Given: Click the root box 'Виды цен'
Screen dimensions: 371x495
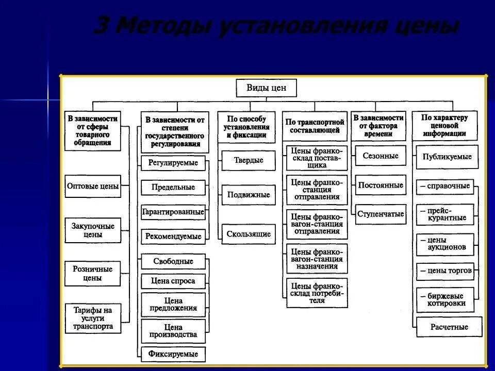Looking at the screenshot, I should [x=267, y=88].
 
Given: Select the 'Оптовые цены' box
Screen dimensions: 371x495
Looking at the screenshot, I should [x=93, y=187].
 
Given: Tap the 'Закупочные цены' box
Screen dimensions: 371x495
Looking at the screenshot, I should [x=93, y=230].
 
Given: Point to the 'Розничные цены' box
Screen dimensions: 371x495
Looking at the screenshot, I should [x=93, y=274].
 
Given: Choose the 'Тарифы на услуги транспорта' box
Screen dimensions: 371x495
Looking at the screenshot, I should [x=93, y=318].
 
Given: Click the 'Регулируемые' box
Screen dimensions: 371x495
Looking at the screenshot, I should [x=173, y=163].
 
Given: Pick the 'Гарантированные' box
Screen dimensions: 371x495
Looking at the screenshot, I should [x=173, y=212].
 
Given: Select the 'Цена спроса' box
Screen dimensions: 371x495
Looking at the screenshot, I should [x=173, y=281].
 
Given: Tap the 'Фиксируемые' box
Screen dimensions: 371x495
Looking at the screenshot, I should [x=173, y=355].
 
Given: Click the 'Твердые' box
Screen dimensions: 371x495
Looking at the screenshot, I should [x=249, y=160].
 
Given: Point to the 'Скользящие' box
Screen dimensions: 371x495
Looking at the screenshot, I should [x=249, y=234].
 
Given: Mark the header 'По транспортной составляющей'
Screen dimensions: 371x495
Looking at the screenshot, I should [x=315, y=126].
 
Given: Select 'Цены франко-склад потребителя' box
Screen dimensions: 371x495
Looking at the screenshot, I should [x=317, y=293].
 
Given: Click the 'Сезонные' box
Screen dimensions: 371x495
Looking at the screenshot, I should [x=380, y=156].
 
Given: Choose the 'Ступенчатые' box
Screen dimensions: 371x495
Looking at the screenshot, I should [x=380, y=214].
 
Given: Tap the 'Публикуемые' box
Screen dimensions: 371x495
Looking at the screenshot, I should [x=447, y=157].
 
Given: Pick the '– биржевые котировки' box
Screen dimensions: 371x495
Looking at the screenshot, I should [x=445, y=300].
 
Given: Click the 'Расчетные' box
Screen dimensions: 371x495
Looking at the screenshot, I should [x=449, y=327].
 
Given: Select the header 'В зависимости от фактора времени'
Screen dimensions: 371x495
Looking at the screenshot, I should [x=378, y=126].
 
